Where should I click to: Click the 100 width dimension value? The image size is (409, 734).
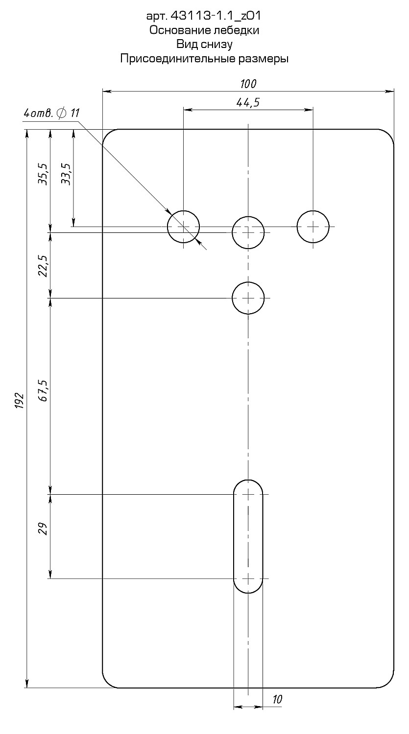(248, 84)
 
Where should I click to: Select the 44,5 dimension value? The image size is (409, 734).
(248, 103)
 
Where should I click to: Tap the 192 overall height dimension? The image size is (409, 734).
(20, 400)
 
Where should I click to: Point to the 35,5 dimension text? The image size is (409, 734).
(43, 175)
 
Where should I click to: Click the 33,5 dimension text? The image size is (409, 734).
(66, 175)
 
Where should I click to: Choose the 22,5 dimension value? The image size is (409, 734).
(43, 266)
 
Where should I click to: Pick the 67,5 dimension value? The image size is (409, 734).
(43, 390)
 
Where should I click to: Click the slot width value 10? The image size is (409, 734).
(277, 700)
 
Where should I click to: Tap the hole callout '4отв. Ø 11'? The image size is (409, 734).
(51, 114)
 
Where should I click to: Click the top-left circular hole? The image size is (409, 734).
(183, 227)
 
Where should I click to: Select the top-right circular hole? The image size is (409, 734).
(313, 227)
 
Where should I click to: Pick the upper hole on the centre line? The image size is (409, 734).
(248, 232)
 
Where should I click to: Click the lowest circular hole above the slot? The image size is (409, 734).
(248, 298)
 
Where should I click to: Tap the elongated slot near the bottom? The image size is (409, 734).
(248, 536)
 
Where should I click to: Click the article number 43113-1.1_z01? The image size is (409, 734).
(216, 16)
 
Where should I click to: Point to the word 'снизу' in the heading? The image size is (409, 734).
(217, 44)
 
